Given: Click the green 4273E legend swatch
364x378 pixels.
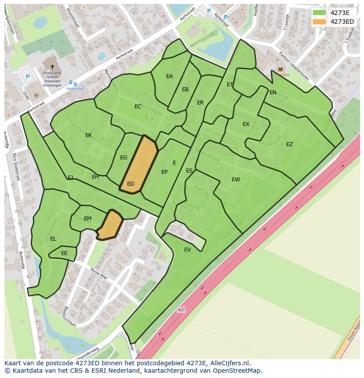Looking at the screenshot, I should click(319, 13).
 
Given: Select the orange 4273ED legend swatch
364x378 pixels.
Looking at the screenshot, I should click(319, 22).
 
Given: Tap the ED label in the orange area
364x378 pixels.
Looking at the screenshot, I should click(131, 184).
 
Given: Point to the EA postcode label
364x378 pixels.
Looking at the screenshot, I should click(169, 76).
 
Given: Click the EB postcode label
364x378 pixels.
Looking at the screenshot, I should click(186, 90).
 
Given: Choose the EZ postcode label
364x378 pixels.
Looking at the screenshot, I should click(289, 144).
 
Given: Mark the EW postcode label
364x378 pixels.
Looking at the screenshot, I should click(236, 179).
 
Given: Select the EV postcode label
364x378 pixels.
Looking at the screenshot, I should click(188, 250).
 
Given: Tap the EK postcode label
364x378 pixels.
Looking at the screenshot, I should click(89, 135).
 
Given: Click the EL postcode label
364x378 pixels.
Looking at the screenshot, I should click(53, 239).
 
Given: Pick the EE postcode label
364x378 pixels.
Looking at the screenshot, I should click(64, 253).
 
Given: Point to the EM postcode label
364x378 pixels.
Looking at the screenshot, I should click(87, 219).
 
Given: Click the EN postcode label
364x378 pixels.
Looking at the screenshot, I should click(273, 93).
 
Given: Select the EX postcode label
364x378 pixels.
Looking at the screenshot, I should click(246, 124).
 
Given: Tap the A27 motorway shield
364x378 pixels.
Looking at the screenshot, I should click(181, 310).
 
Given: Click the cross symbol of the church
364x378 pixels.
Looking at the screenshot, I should click(52, 67).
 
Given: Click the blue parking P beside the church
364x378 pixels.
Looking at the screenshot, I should click(28, 77).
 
